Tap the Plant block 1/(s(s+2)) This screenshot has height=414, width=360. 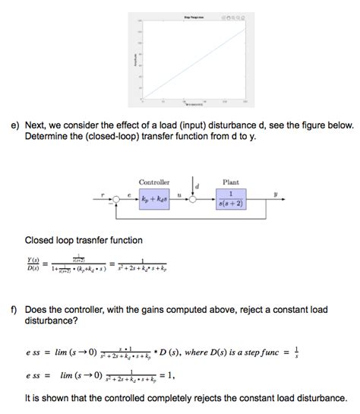[229, 198]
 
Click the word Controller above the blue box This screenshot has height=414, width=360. [154, 182]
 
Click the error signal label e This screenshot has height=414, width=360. [128, 194]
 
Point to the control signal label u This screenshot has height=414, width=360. [178, 194]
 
